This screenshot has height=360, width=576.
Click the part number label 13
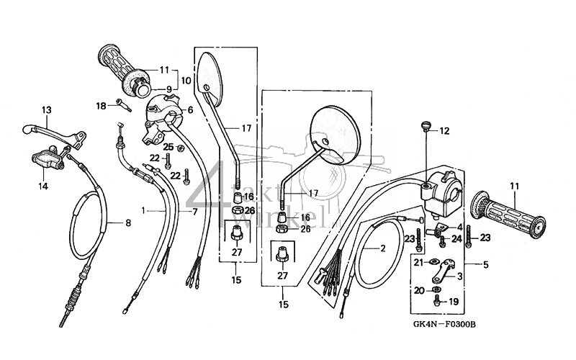[47, 110]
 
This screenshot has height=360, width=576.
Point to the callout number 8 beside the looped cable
[128, 223]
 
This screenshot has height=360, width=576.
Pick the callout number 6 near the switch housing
[190, 110]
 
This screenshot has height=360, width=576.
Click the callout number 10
[186, 81]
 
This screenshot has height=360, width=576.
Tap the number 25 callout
[168, 147]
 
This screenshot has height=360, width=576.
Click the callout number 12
[444, 131]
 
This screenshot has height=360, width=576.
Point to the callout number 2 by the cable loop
[384, 248]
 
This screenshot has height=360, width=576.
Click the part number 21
[419, 263]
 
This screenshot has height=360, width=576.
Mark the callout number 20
[419, 290]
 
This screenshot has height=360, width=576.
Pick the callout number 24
[456, 238]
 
